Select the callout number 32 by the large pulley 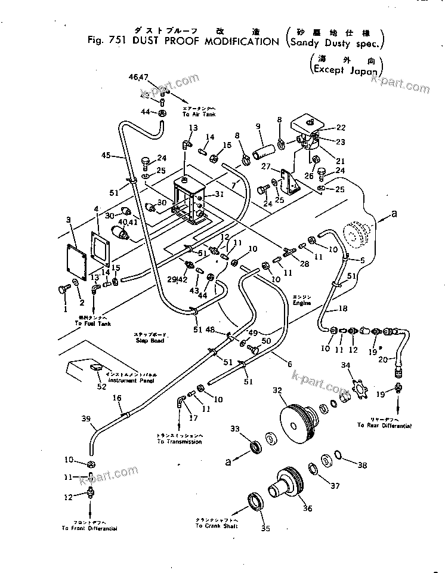pos(293,391)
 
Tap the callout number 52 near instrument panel pos(102,386)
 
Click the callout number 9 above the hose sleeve pos(258,127)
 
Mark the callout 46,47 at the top pos(138,78)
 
